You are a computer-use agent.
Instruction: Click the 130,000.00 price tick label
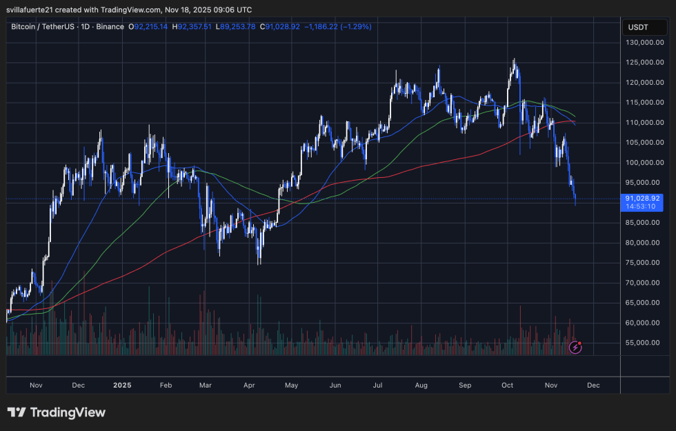(644, 42)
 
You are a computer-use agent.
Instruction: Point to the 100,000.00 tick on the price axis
(644, 163)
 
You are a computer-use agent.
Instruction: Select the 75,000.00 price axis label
(645, 263)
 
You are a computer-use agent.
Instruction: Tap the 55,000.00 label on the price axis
(645, 343)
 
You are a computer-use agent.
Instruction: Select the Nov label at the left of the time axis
(37, 385)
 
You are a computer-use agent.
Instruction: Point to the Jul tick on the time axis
(378, 385)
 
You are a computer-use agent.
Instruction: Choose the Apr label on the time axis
(250, 385)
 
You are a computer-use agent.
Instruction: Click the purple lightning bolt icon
(575, 348)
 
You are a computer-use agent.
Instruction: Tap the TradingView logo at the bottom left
(57, 412)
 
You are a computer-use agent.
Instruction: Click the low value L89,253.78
(235, 27)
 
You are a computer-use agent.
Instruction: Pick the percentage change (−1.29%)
(352, 27)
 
